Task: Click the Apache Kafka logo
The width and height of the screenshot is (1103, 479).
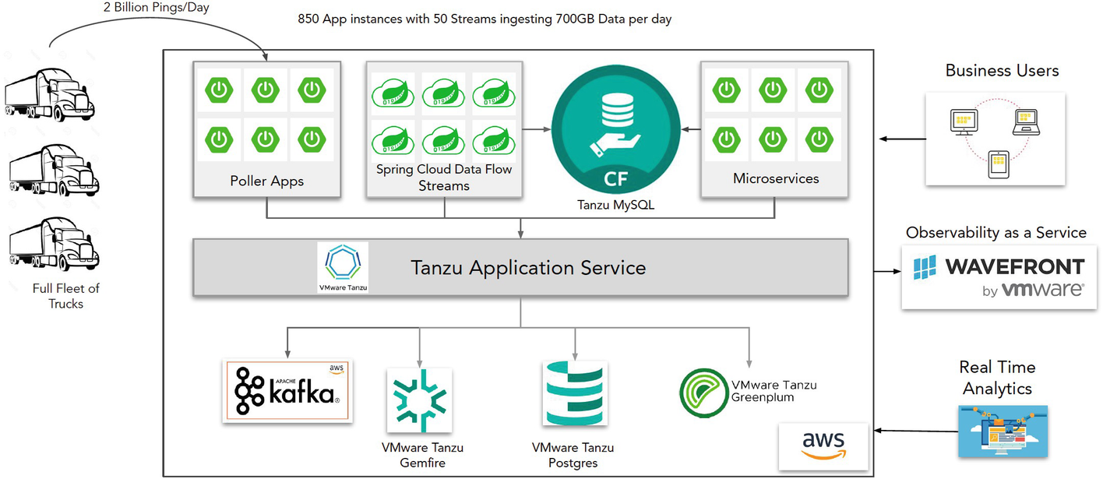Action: point(287,391)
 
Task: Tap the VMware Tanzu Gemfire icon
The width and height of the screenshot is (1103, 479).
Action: point(419,400)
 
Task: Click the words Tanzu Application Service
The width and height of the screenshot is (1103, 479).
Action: point(528,268)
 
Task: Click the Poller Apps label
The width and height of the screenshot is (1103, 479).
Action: point(267,181)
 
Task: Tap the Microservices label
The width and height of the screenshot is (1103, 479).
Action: point(776,179)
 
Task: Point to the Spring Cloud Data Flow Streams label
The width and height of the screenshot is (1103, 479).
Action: point(444,178)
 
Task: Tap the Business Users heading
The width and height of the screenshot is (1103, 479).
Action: point(1002,71)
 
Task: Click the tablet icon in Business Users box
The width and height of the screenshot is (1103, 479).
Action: point(999,164)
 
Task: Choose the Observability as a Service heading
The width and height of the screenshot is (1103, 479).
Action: point(996,233)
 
